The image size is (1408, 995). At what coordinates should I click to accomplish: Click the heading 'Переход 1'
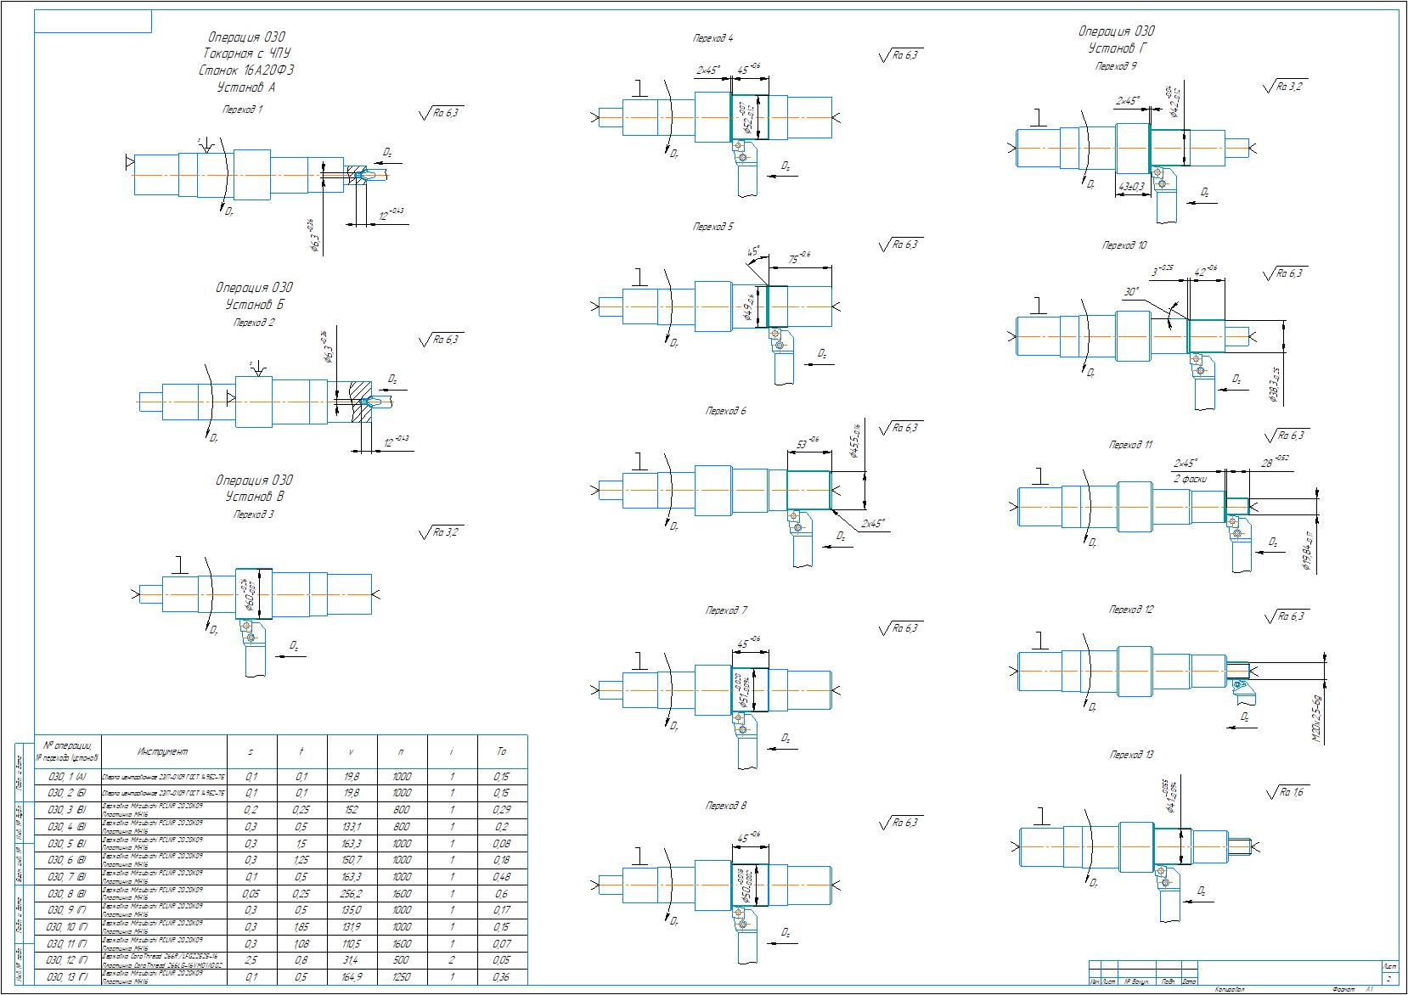(243, 110)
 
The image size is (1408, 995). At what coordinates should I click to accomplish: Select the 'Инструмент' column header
(162, 751)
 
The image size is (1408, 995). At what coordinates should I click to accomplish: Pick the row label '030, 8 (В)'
(67, 894)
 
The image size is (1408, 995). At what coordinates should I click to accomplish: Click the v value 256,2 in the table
(350, 894)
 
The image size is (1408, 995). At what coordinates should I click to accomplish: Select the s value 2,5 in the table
(251, 960)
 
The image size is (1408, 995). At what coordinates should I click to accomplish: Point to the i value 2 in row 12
(452, 960)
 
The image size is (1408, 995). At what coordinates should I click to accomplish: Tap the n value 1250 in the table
(402, 977)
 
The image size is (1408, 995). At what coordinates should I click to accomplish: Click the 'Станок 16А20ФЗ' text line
(246, 70)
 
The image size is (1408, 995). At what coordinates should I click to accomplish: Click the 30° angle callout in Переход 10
(1130, 291)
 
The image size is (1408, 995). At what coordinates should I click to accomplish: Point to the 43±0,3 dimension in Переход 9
(1130, 187)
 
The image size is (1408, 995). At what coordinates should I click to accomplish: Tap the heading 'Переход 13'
(1131, 755)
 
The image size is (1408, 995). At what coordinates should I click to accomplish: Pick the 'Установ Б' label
(254, 305)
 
